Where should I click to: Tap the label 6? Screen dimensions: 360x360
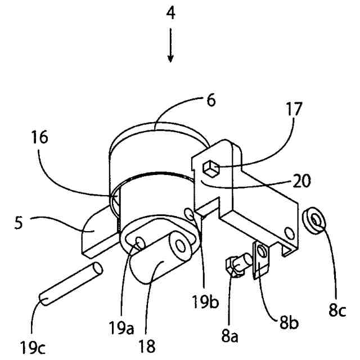[x=211, y=101]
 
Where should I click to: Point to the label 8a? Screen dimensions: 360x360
[x=230, y=336]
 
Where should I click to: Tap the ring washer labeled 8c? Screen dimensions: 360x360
[x=313, y=220]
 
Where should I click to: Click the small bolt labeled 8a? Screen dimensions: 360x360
[x=236, y=264]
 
